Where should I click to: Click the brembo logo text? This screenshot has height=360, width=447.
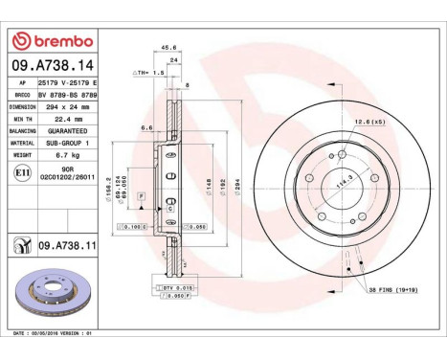coord(58,40)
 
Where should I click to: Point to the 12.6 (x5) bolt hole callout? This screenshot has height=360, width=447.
coord(368,121)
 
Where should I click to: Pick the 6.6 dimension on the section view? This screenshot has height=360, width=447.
coord(147,126)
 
